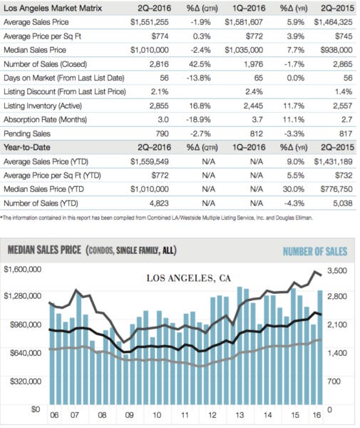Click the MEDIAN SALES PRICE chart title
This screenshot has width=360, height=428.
click(46, 251)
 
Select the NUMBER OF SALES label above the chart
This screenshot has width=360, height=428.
click(314, 251)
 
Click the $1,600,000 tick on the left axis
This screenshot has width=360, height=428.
click(24, 269)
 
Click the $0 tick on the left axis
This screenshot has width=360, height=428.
click(34, 409)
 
